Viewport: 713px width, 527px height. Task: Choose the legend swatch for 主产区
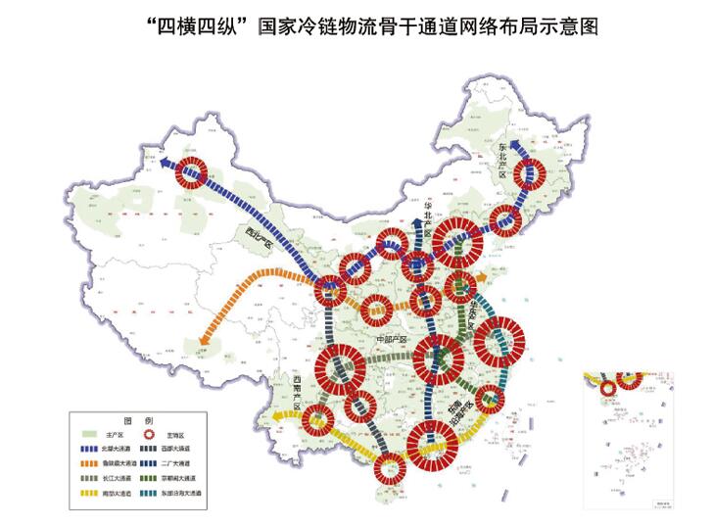[87, 432]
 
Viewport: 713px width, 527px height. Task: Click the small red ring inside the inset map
[608, 389]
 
